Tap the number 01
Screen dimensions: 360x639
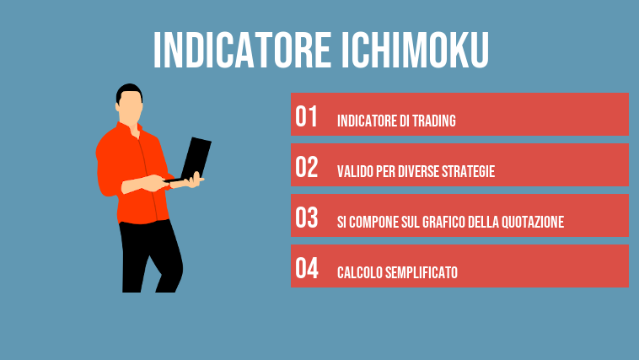tap(307, 117)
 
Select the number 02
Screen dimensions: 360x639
tap(307, 168)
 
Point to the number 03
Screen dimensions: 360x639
tap(307, 218)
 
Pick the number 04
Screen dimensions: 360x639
tap(307, 269)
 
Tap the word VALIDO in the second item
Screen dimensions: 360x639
tap(353, 172)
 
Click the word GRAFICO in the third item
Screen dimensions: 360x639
tap(460, 223)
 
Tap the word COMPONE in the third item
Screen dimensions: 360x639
tap(376, 223)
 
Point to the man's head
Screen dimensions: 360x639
tap(130, 105)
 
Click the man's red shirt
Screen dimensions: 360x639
tap(126, 173)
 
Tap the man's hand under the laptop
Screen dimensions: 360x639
tap(196, 180)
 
